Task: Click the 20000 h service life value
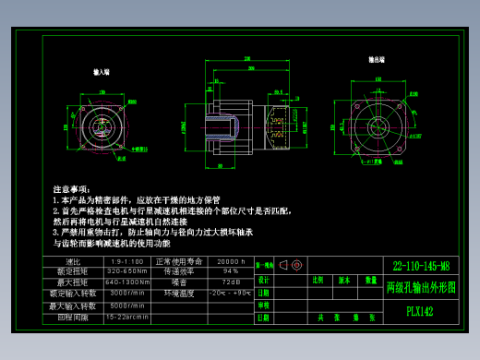(x=231, y=261)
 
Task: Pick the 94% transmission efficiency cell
(x=231, y=271)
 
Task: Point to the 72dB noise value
(x=231, y=282)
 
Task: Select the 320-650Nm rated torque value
(x=126, y=271)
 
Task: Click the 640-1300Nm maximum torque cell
(x=126, y=282)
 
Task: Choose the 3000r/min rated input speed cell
(x=126, y=293)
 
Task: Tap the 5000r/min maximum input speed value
(x=126, y=305)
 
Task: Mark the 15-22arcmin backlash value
(x=126, y=316)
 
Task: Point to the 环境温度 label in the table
(x=177, y=293)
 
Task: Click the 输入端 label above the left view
(x=102, y=70)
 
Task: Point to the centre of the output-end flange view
(x=378, y=125)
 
